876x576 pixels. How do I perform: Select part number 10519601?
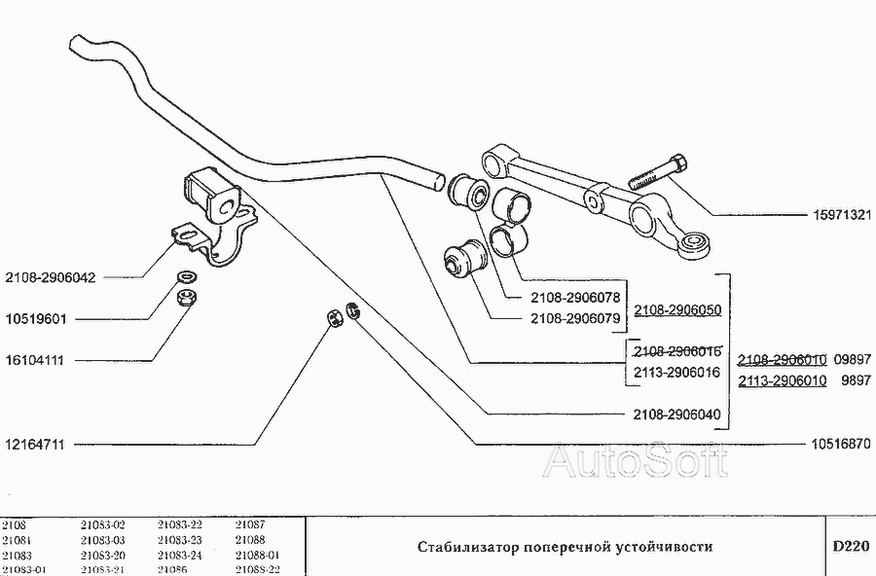coord(37,319)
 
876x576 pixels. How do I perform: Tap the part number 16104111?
coord(37,360)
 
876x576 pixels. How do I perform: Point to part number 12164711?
coord(37,445)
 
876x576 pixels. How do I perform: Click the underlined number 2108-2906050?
coord(677,310)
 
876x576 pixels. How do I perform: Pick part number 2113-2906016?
coord(677,372)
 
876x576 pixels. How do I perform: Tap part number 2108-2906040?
coord(677,414)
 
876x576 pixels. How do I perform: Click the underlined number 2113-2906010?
coord(783,381)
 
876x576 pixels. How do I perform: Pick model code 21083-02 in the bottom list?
coord(102,525)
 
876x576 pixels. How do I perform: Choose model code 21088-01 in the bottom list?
coord(257,555)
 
